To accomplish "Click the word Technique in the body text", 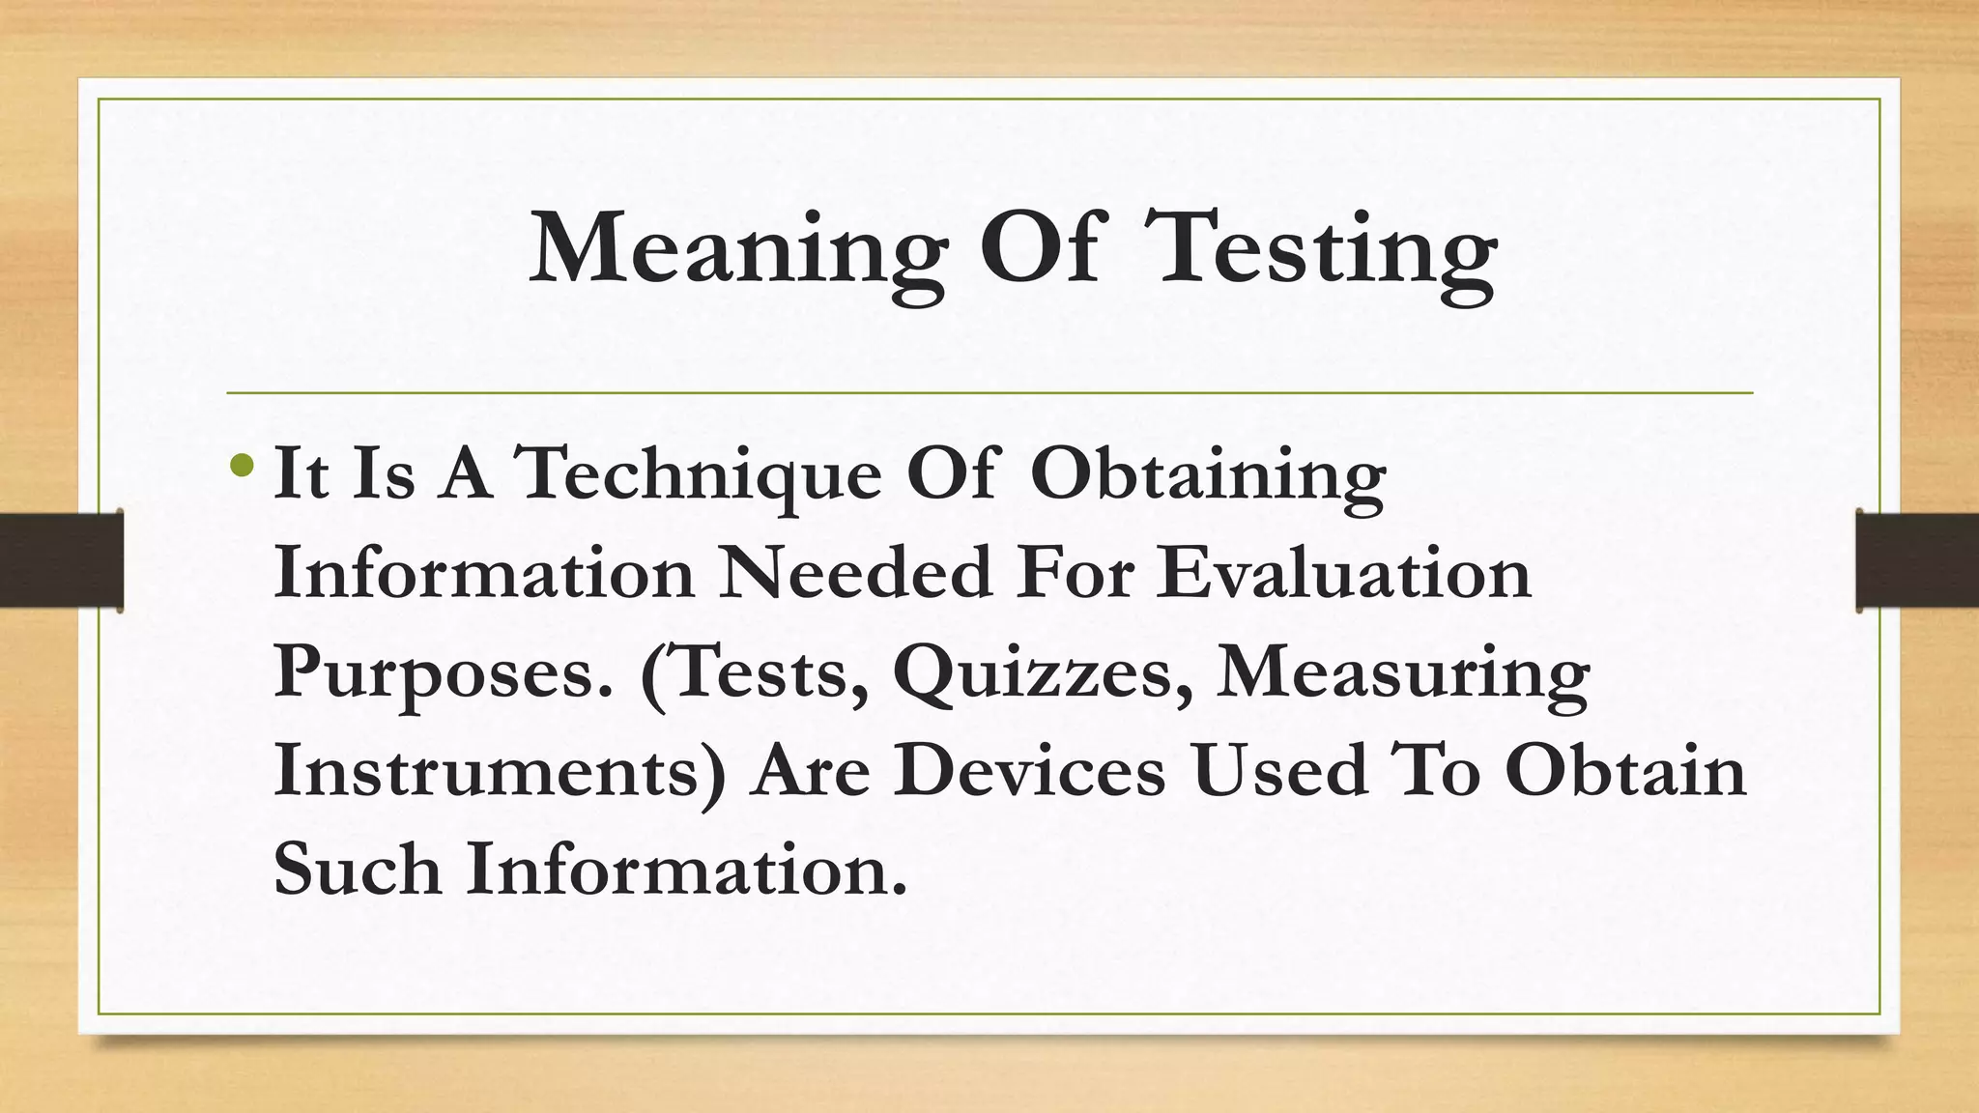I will (701, 476).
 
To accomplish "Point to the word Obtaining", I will (1208, 476).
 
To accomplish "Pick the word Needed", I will (856, 573).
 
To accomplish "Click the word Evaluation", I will (1344, 573).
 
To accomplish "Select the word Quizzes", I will (1043, 673).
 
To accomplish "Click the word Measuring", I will (1402, 673).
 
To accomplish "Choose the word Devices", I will (1029, 772).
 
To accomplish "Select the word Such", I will (358, 869).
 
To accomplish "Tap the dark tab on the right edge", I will (1917, 560).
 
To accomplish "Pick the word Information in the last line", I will (687, 869).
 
